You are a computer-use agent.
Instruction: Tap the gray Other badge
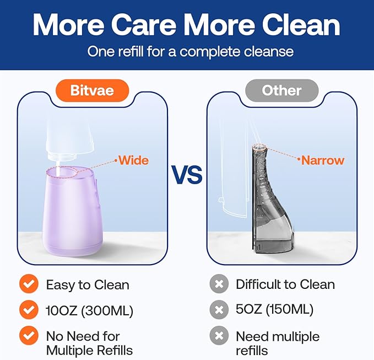[x=281, y=90]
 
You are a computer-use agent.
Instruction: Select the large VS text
[x=187, y=175]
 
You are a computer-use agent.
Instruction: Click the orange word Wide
[x=134, y=160]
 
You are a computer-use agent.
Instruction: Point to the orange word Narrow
[x=322, y=160]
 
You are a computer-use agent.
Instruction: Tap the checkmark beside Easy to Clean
[x=28, y=284]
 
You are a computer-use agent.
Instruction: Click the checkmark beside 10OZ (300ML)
[x=28, y=310]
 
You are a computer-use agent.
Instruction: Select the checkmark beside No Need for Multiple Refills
[x=28, y=336]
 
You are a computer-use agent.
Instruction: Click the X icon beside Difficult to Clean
[x=218, y=284]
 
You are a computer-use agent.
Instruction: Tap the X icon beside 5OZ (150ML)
[x=218, y=310]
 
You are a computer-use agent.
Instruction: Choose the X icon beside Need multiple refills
[x=218, y=336]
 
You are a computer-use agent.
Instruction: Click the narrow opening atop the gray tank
[x=259, y=148]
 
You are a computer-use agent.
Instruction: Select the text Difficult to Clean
[x=285, y=284]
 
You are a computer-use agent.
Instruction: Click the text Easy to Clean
[x=88, y=284]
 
